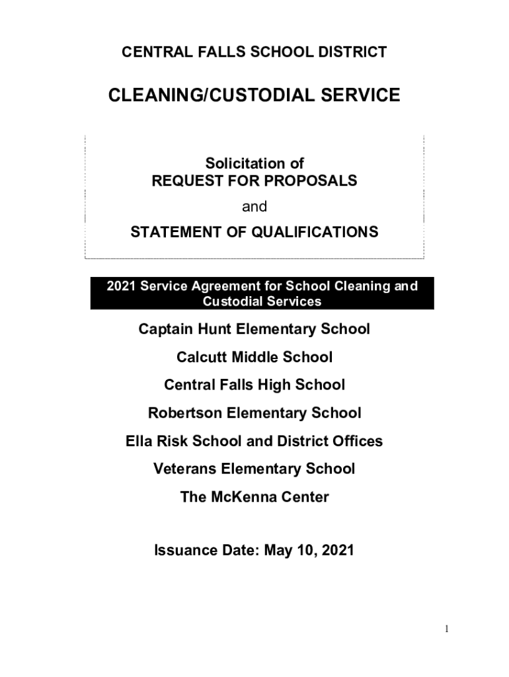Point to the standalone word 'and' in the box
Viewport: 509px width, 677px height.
pyautogui.click(x=255, y=207)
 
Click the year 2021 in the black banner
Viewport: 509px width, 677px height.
pyautogui.click(x=120, y=286)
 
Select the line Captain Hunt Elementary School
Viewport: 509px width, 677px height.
pyautogui.click(x=255, y=329)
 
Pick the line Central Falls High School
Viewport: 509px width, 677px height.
pyautogui.click(x=255, y=385)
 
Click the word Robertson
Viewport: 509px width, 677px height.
pyautogui.click(x=185, y=413)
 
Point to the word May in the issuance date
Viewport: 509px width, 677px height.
pyautogui.click(x=279, y=550)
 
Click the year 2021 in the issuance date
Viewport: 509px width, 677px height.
pyautogui.click(x=336, y=550)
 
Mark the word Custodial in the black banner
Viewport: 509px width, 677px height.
pyautogui.click(x=231, y=301)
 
